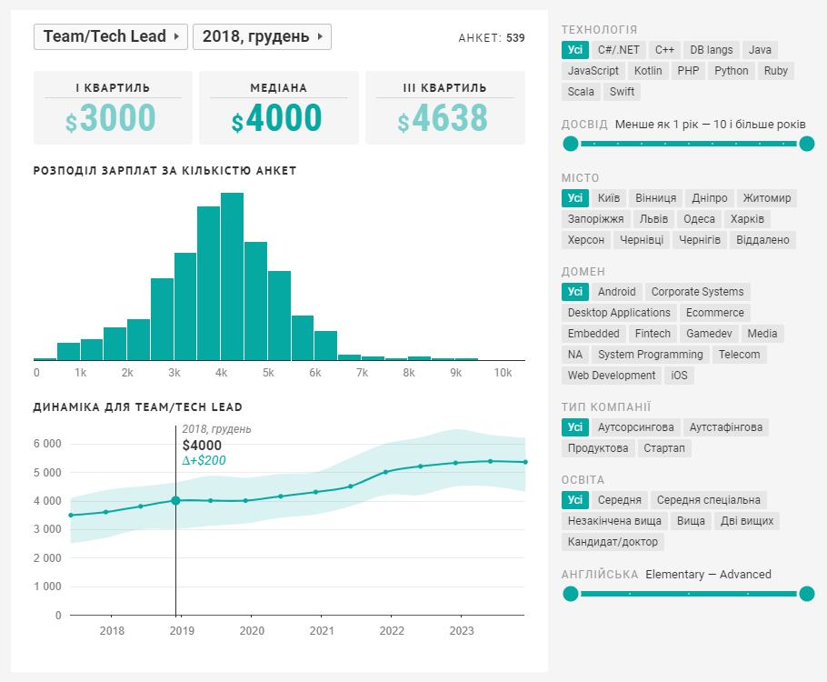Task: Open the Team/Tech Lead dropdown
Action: (110, 36)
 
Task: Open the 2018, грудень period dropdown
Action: (262, 36)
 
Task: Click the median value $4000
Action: (277, 119)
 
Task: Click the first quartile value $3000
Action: (111, 119)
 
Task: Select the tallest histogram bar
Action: (232, 276)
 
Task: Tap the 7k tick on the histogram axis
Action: (362, 373)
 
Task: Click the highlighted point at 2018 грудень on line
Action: (175, 500)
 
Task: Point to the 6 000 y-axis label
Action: (46, 444)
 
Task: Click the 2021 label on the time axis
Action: (322, 630)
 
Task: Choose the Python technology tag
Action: (731, 71)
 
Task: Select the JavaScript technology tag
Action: (593, 71)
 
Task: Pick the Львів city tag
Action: (653, 219)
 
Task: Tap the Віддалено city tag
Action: (765, 240)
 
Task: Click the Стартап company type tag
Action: (663, 448)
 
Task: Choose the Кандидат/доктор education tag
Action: (613, 542)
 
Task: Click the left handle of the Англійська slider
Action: (571, 595)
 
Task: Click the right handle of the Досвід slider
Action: (806, 144)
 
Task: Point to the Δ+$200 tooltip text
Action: (204, 461)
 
